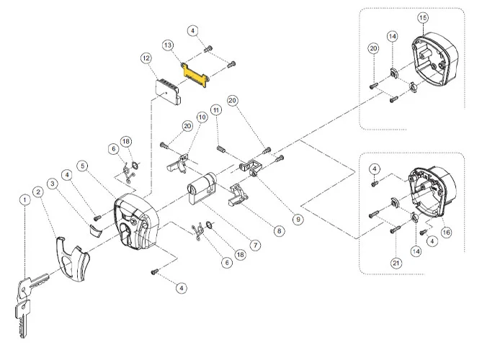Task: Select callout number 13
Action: pyautogui.click(x=169, y=45)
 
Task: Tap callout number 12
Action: pyautogui.click(x=146, y=58)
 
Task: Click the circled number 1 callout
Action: pyautogui.click(x=25, y=199)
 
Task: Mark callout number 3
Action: pyautogui.click(x=53, y=183)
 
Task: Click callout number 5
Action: pyautogui.click(x=84, y=166)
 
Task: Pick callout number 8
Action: pyautogui.click(x=279, y=231)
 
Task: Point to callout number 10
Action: pyautogui.click(x=202, y=115)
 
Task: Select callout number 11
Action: pyautogui.click(x=215, y=110)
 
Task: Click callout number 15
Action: pyautogui.click(x=422, y=17)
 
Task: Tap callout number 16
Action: pyautogui.click(x=446, y=232)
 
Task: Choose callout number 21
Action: pyautogui.click(x=396, y=263)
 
